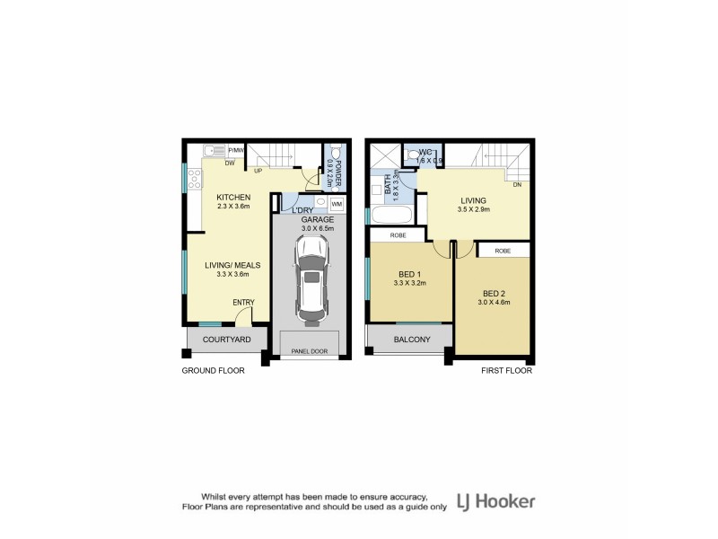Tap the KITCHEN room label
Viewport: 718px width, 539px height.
tap(233, 197)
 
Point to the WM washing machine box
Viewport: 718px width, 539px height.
tap(337, 205)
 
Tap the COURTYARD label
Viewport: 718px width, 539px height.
tap(226, 340)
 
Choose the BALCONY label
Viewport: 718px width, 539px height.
tap(412, 340)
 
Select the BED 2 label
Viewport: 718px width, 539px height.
tap(495, 294)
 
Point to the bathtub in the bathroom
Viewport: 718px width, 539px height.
tap(390, 216)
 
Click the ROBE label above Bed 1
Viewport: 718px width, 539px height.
tap(398, 235)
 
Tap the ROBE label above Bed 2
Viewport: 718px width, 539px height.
tap(502, 251)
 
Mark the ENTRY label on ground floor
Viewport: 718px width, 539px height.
tap(243, 303)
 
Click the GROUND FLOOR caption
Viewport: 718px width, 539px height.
tap(213, 369)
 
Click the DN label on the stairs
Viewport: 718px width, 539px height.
tap(518, 186)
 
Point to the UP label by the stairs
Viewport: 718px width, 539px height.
tap(258, 170)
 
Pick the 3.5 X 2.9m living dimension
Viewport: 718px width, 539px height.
tap(473, 211)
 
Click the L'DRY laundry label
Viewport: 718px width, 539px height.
tap(302, 210)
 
